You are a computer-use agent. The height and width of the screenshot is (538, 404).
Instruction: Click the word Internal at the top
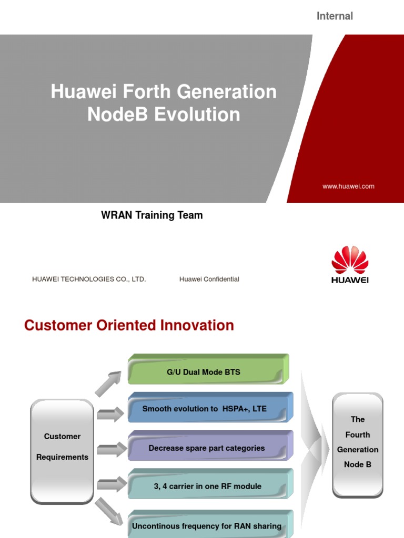[335, 16]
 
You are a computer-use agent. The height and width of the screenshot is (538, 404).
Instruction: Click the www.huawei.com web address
[348, 187]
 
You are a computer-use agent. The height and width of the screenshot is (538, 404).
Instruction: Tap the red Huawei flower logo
[350, 260]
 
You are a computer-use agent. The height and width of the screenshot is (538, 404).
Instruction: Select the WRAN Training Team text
[151, 215]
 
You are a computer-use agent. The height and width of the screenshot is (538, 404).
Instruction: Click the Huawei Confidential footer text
[209, 279]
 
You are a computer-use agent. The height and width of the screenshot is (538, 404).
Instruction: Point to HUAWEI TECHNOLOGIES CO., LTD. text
[89, 279]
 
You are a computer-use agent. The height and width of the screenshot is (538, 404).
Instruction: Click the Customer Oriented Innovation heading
[129, 325]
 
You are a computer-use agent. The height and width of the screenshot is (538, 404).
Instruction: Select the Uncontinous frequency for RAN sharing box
[207, 525]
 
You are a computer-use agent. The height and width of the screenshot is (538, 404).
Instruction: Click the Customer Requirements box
[62, 447]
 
